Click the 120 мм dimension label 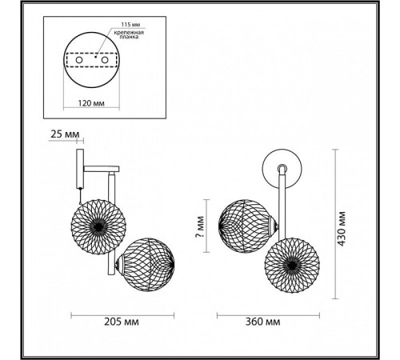coord(91,103)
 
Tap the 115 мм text coord(130,25)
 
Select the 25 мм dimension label coord(65,134)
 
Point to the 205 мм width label coord(122,322)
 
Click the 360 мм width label coord(262,322)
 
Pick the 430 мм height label coord(341,229)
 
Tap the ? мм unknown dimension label coord(200,227)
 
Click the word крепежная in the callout coord(129,33)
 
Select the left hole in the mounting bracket coord(79,60)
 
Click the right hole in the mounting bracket coord(104,60)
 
